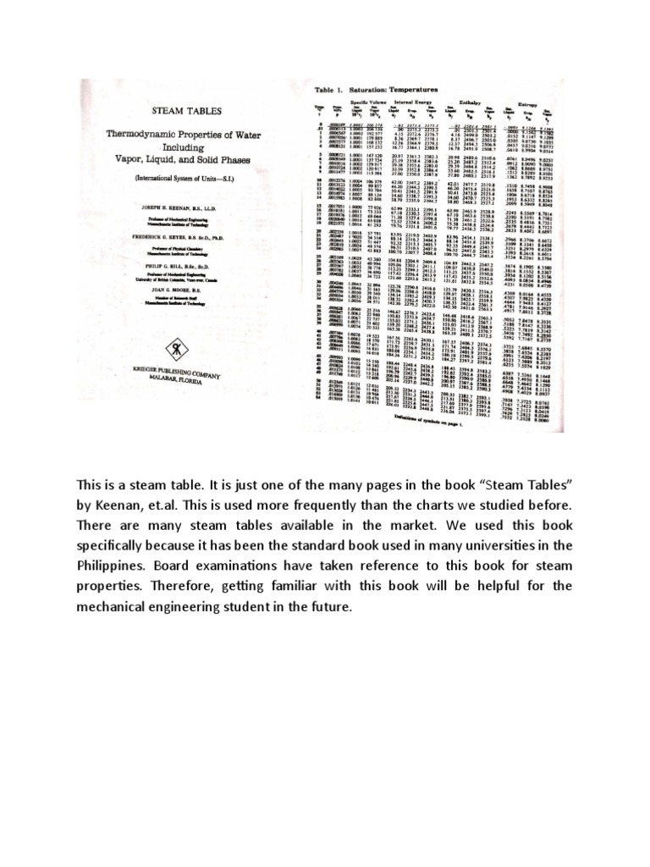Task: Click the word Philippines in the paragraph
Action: [112, 564]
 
